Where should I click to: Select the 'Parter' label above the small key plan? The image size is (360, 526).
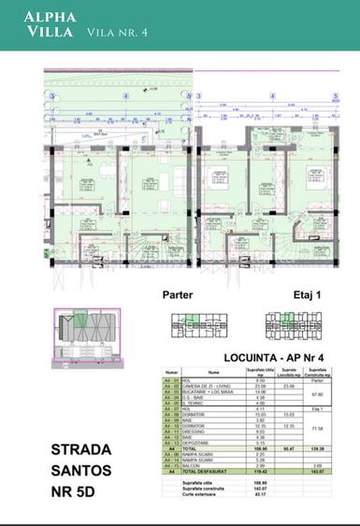(x=177, y=293)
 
